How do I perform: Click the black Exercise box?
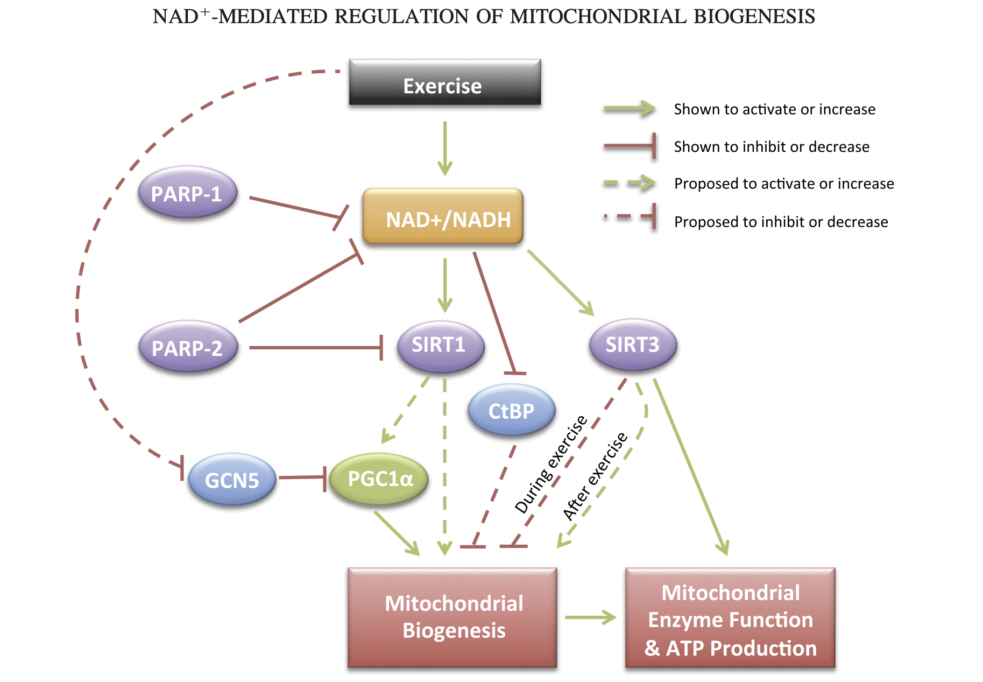(x=444, y=82)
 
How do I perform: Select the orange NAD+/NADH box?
(x=443, y=216)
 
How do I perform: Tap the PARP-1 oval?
(x=187, y=192)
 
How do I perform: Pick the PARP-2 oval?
(x=188, y=347)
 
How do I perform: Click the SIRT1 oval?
(x=440, y=346)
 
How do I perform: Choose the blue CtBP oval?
(x=511, y=411)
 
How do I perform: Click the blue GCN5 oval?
(x=232, y=479)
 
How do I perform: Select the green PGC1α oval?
(x=379, y=479)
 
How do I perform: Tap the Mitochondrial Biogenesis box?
(x=452, y=617)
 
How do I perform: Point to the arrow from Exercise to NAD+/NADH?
(x=445, y=147)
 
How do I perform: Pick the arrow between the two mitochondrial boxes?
(x=590, y=617)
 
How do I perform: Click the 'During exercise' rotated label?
(x=550, y=464)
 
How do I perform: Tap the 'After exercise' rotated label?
(x=595, y=476)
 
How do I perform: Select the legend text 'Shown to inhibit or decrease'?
(x=771, y=146)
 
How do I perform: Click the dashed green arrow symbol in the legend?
(x=628, y=184)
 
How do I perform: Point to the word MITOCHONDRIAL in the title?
(x=598, y=17)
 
